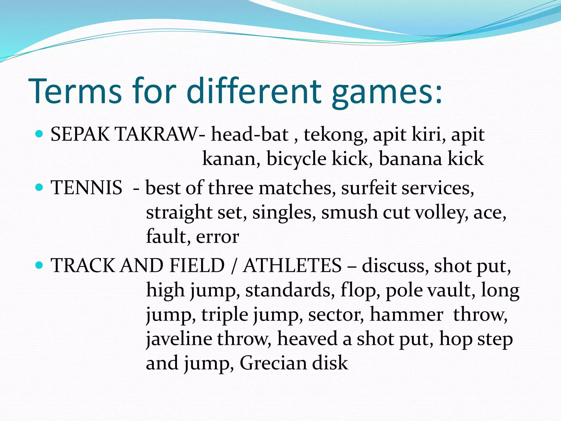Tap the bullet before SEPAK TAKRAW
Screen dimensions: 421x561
(39, 134)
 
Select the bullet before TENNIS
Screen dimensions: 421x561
(39, 187)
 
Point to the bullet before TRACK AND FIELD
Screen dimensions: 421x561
(39, 265)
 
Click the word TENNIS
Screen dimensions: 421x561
(86, 188)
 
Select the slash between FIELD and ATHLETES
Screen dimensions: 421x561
(233, 266)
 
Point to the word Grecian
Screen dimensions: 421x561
(273, 363)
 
